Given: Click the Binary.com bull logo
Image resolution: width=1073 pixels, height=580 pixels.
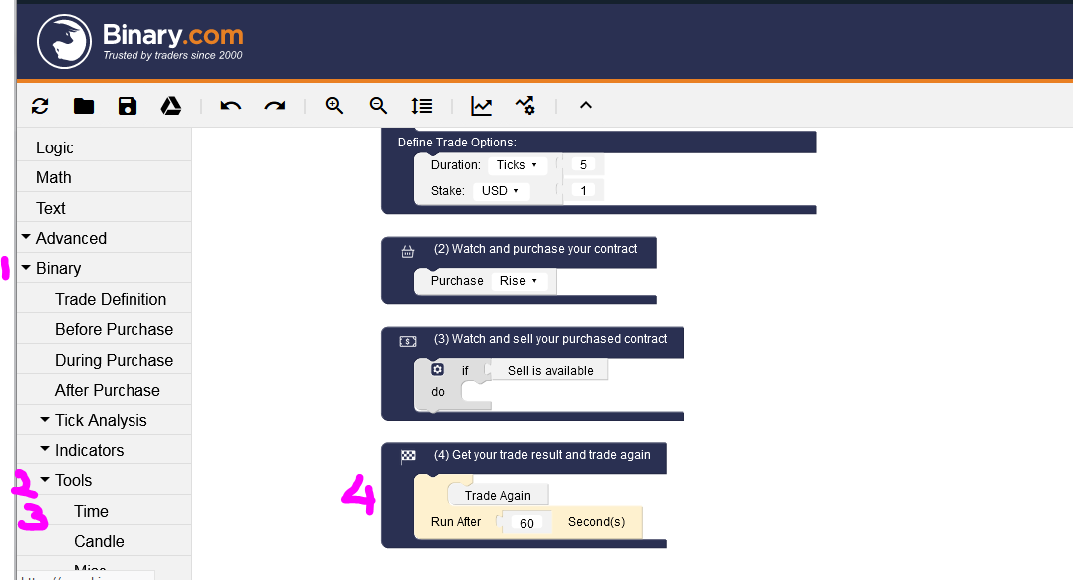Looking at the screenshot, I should [x=64, y=41].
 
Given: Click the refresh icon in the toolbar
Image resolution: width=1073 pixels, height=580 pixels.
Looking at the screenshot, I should [x=40, y=106].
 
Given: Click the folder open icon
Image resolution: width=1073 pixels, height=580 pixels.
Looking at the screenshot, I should [x=84, y=106].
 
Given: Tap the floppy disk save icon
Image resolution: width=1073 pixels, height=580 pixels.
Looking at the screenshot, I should [x=128, y=106].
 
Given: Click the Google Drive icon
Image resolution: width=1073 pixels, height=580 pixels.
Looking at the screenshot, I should [x=171, y=106].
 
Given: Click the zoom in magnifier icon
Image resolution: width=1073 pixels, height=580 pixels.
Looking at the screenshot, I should [x=334, y=106].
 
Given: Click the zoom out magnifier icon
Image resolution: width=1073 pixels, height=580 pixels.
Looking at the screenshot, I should [x=378, y=106].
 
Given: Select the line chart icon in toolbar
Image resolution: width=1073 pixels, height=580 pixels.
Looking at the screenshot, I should [x=482, y=106].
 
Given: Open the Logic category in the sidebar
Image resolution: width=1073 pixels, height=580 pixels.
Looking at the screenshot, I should [x=55, y=147].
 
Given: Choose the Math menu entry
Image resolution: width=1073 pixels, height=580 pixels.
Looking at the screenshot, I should [x=54, y=177].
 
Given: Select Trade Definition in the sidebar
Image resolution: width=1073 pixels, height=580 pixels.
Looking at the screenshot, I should [x=111, y=299].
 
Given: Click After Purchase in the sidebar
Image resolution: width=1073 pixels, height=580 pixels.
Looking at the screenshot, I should [x=108, y=390].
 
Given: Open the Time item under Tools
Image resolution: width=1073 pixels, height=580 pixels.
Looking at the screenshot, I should [x=92, y=511].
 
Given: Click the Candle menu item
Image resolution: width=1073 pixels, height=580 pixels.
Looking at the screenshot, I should [x=99, y=541].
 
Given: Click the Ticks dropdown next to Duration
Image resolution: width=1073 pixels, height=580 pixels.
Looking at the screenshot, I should [x=517, y=165].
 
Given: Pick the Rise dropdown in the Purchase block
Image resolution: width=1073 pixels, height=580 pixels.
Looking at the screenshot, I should [x=518, y=281].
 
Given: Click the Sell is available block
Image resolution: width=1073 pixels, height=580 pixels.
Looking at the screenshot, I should [x=550, y=370].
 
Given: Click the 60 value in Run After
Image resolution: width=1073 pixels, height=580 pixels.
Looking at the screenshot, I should [x=527, y=522].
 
